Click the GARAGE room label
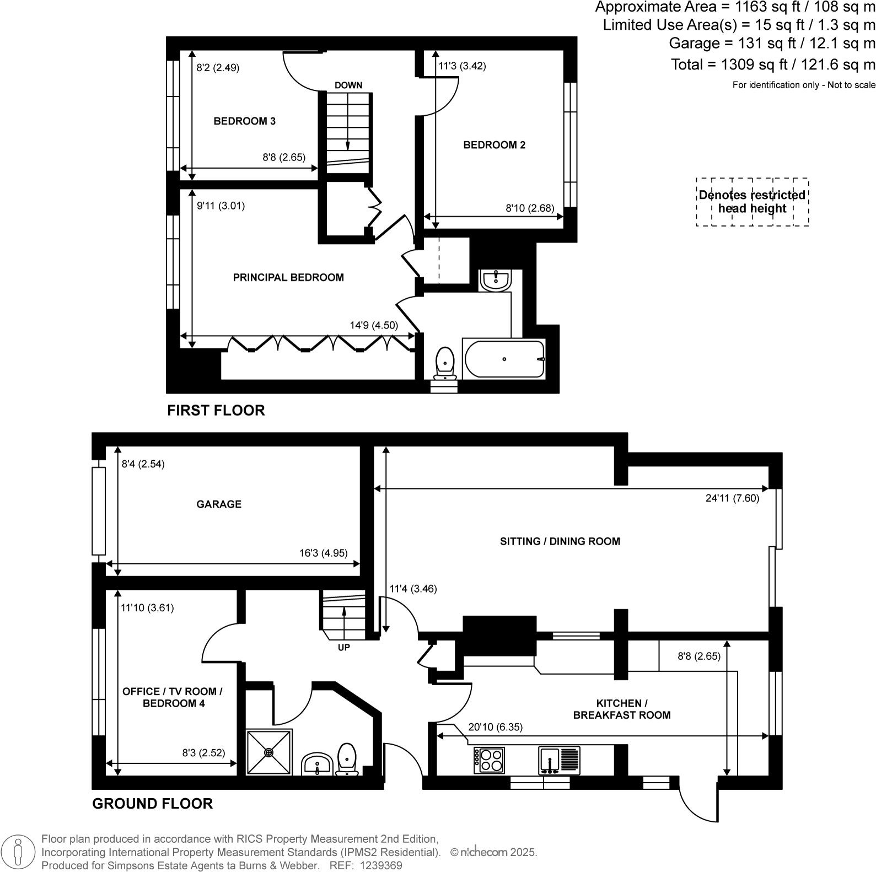pyautogui.click(x=219, y=504)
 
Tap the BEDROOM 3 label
pyautogui.click(x=244, y=121)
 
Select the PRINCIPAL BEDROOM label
pyautogui.click(x=288, y=277)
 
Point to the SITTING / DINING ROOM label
pyautogui.click(x=560, y=541)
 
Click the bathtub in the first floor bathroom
pyautogui.click(x=504, y=359)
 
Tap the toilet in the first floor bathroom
pyautogui.click(x=444, y=363)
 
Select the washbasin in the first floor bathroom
pyautogui.click(x=495, y=280)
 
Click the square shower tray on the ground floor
pyautogui.click(x=269, y=752)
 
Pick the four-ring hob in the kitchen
pyautogui.click(x=489, y=760)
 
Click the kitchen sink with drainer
pyautogui.click(x=558, y=760)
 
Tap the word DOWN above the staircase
pyautogui.click(x=348, y=85)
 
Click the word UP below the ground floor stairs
pyautogui.click(x=343, y=647)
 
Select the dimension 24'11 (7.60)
pyautogui.click(x=732, y=498)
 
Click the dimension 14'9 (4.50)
pyautogui.click(x=373, y=325)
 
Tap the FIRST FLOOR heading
pyautogui.click(x=216, y=410)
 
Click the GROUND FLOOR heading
pyautogui.click(x=152, y=803)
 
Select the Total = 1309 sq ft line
pyautogui.click(x=772, y=64)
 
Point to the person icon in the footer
pyautogui.click(x=18, y=851)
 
